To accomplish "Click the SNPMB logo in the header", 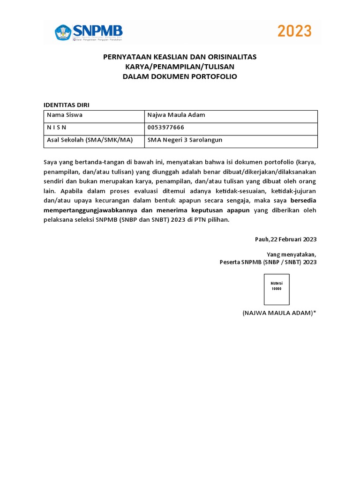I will point(89,32).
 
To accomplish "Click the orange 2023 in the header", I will point(294,31).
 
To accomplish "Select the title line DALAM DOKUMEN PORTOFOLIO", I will point(180,76).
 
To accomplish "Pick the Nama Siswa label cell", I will point(94,115).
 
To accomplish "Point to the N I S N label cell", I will point(94,127).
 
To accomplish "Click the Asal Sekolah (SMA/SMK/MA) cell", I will point(94,140).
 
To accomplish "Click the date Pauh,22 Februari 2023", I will point(285,239).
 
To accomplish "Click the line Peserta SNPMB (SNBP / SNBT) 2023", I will point(268,262).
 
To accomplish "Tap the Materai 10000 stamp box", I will point(277,290).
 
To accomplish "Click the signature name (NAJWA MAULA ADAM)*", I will point(279,313).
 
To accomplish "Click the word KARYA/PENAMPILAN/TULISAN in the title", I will point(180,67).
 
